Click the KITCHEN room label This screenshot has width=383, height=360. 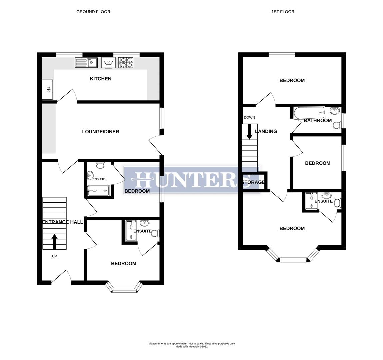coord(100,79)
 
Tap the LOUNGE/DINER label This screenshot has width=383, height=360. coord(100,132)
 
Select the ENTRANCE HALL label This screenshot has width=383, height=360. coord(63,222)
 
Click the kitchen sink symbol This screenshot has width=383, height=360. coord(86,63)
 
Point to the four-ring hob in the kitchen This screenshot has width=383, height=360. coord(126,63)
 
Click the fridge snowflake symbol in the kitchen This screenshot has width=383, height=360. coord(48,90)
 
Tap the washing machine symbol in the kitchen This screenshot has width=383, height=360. coord(107,63)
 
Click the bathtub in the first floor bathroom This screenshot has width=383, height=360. coord(309,113)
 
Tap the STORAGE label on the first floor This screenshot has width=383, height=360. coord(253,182)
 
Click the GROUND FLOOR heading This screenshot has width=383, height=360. coord(93,12)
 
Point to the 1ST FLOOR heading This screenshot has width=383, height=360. coord(283,12)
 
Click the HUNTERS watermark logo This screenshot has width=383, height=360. coord(192,179)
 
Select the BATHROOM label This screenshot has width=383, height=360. coord(318,121)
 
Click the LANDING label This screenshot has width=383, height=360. coord(266,131)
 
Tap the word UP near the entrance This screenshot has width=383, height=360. coord(54,256)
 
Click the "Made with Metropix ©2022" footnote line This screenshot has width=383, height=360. coord(192,347)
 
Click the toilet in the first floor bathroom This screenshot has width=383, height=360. coord(337,125)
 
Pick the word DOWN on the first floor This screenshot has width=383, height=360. coord(249,117)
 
